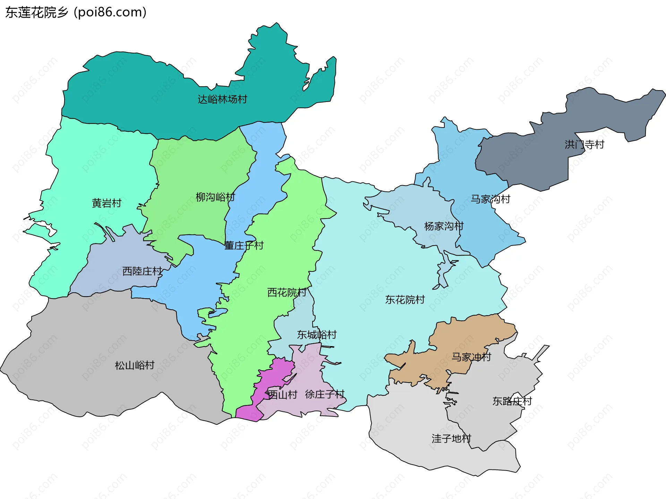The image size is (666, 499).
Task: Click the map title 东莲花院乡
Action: click(x=37, y=12)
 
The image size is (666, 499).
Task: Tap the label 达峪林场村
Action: click(x=222, y=100)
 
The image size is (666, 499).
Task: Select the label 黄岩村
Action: click(x=106, y=203)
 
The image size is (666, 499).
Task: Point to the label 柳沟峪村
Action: click(x=215, y=197)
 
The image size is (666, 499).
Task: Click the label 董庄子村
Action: click(x=244, y=246)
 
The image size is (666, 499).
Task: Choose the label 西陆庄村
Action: click(x=142, y=271)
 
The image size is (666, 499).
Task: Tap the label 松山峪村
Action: click(x=135, y=365)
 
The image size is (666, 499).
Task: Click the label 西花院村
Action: click(x=287, y=293)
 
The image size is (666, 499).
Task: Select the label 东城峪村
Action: click(x=317, y=335)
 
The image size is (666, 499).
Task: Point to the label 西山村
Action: click(x=282, y=395)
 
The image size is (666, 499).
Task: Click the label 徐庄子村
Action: click(x=325, y=394)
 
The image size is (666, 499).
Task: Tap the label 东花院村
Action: click(x=405, y=300)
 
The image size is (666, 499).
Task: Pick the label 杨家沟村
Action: click(x=444, y=226)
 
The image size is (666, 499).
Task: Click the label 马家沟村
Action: click(x=490, y=199)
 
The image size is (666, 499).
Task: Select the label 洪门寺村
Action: click(x=584, y=145)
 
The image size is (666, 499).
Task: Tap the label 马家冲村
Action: click(x=471, y=357)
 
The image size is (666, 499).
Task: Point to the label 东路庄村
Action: click(x=512, y=402)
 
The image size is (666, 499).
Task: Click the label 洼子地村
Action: click(x=451, y=439)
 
